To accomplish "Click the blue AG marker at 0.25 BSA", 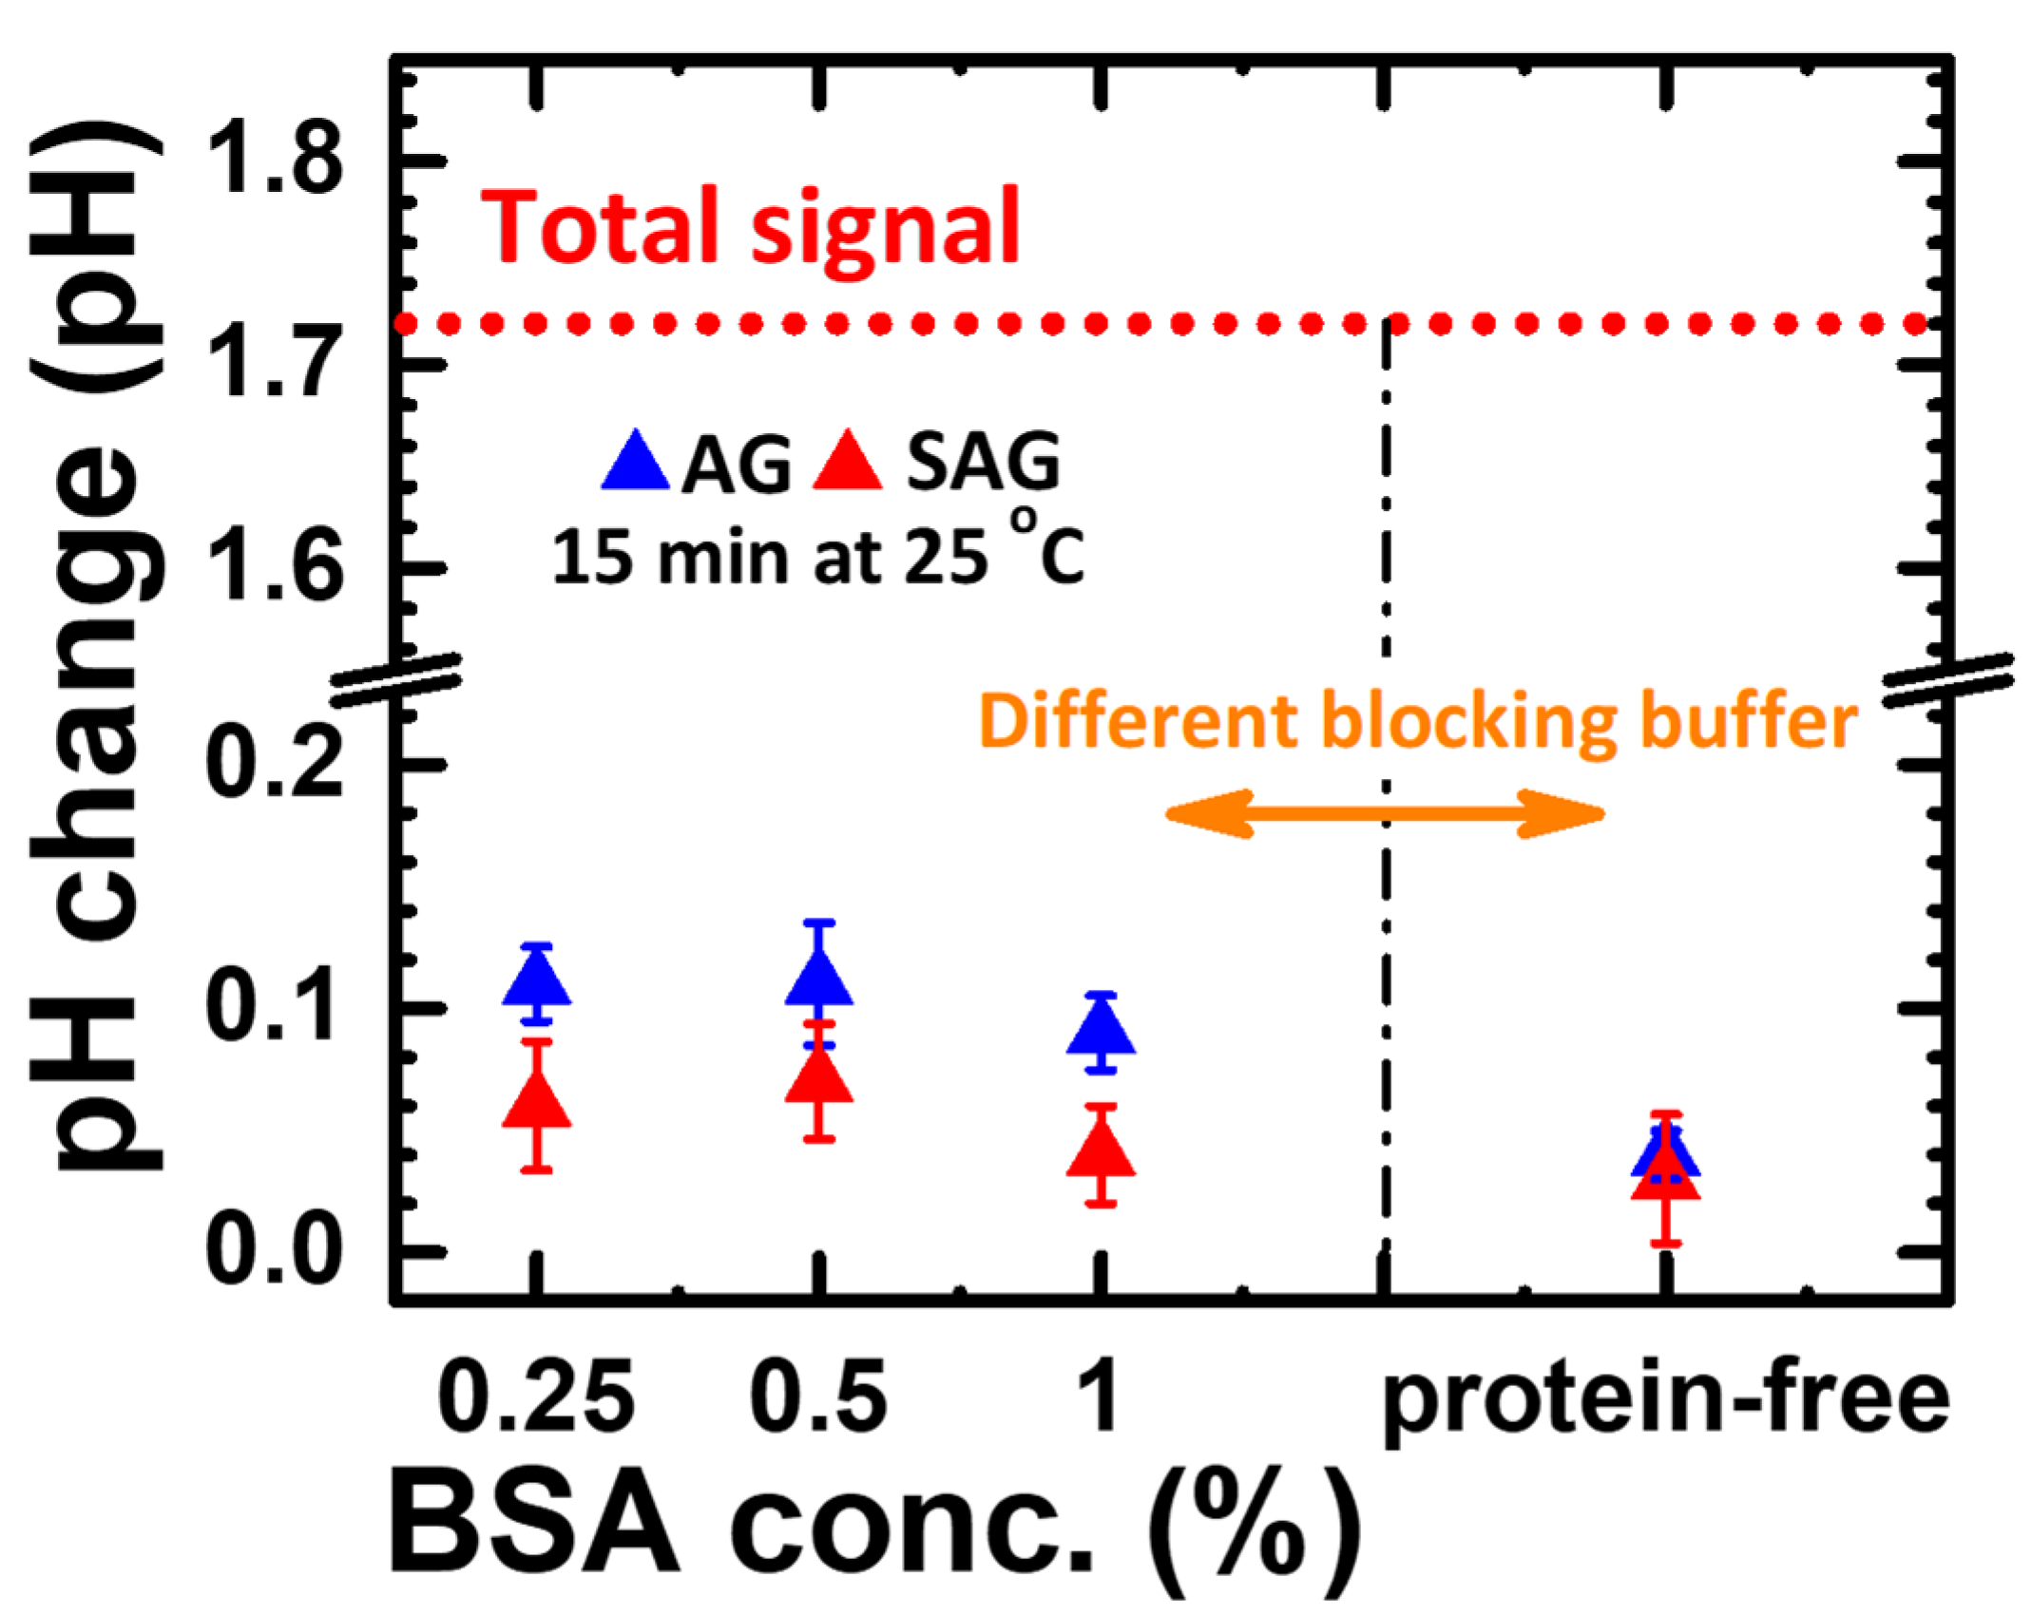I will (x=537, y=980).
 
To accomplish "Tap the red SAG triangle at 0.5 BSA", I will (x=819, y=1077).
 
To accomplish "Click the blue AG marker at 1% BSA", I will (x=1101, y=1030).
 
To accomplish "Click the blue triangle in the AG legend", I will (x=635, y=463).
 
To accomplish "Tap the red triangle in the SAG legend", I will (x=848, y=463).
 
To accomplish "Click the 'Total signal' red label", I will (x=751, y=228).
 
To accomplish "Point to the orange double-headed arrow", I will (x=1385, y=813).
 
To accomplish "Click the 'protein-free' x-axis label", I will (x=1665, y=1401).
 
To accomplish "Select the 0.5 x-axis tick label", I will (x=819, y=1396).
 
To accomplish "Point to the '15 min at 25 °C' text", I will (x=817, y=556).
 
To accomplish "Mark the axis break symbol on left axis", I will (x=396, y=680).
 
